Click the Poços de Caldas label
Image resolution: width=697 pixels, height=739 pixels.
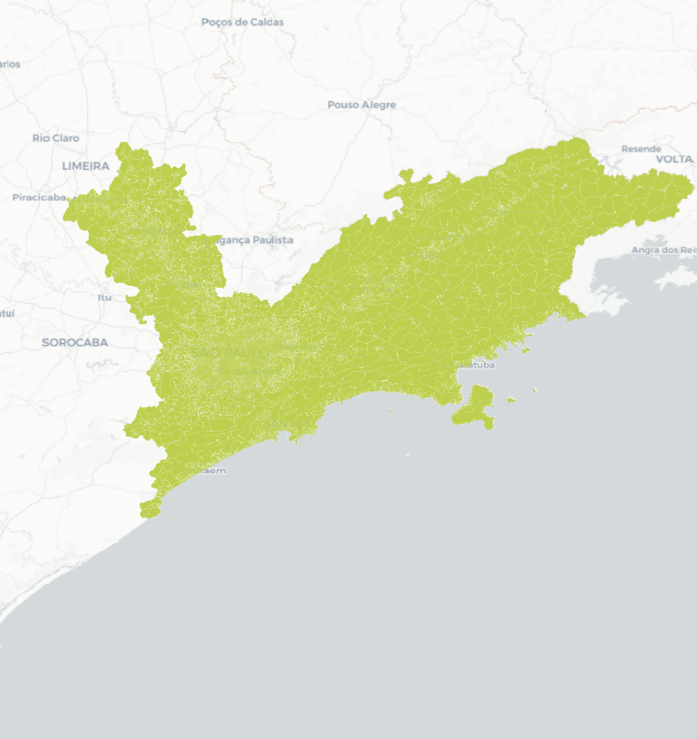(x=242, y=21)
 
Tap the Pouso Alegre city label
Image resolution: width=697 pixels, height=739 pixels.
(x=362, y=105)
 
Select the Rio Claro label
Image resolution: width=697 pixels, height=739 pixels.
(x=55, y=138)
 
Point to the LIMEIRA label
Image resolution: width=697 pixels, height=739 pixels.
(x=86, y=165)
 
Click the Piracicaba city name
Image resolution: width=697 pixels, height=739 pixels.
(x=39, y=197)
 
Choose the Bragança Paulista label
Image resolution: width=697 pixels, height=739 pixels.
(x=253, y=240)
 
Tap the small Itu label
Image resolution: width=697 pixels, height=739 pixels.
(x=104, y=297)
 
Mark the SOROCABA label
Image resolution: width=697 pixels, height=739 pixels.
(x=75, y=343)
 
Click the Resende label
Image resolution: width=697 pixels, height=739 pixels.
(x=641, y=149)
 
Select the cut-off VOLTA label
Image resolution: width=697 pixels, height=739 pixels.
(x=676, y=160)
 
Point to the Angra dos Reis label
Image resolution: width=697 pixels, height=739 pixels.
(x=663, y=250)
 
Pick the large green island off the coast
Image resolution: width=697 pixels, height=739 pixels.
(x=475, y=408)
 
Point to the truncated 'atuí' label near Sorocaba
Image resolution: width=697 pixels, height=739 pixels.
(x=7, y=313)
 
